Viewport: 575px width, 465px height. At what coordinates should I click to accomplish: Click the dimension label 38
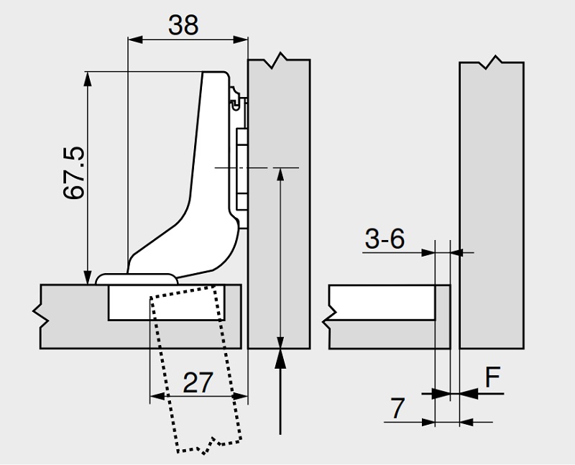pos(183,25)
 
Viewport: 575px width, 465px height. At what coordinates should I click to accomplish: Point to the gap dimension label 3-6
pos(385,238)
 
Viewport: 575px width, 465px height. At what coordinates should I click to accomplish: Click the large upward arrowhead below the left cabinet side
pos(279,357)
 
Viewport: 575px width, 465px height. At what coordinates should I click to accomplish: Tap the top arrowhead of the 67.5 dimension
pos(88,78)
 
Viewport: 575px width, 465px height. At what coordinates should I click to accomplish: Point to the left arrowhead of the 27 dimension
pos(156,395)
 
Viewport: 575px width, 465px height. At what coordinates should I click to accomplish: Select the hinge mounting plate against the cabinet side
pos(242,165)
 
